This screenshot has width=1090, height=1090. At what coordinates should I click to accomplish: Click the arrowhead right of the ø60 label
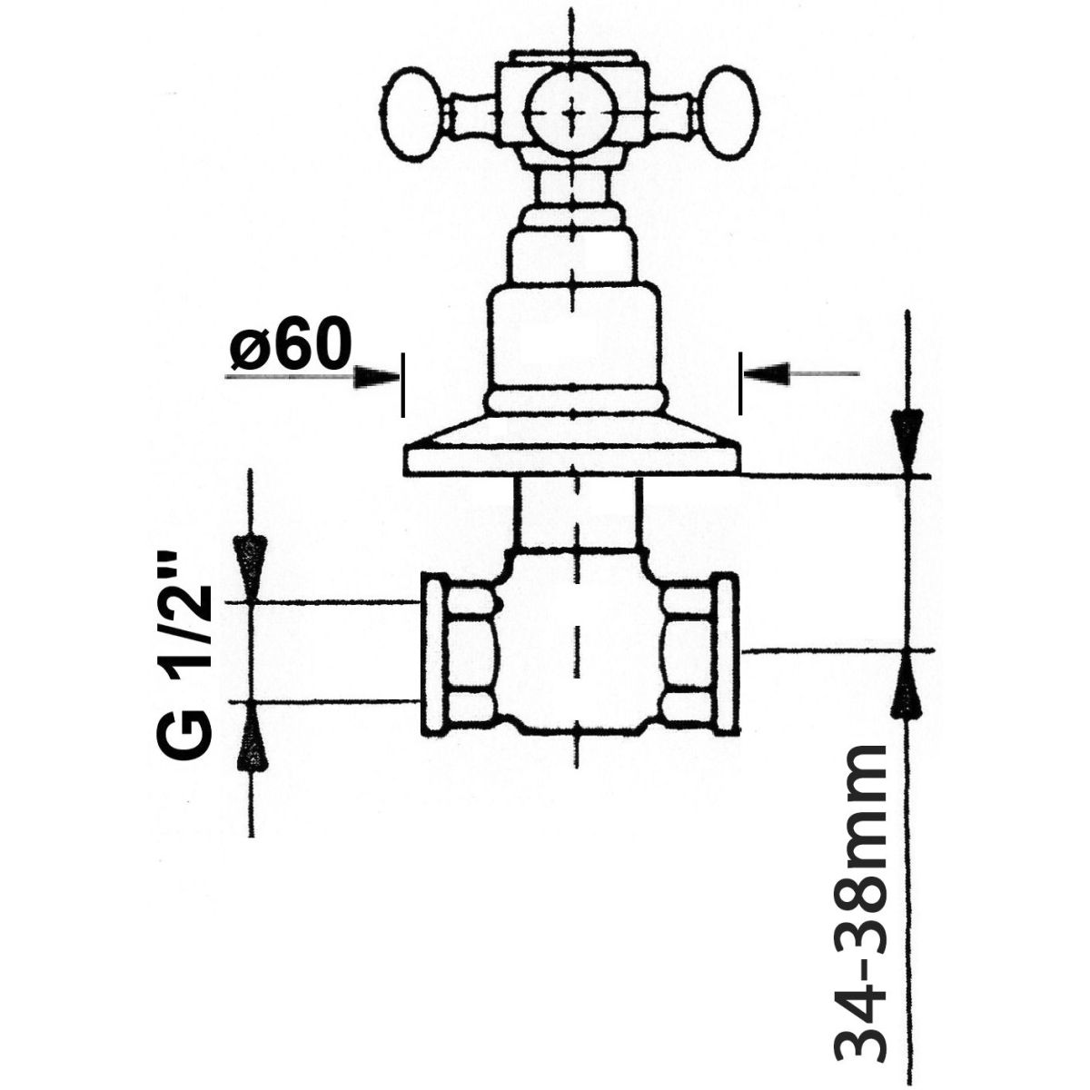coord(375,377)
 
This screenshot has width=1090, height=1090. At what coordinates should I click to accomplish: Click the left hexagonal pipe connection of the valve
coord(459,655)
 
